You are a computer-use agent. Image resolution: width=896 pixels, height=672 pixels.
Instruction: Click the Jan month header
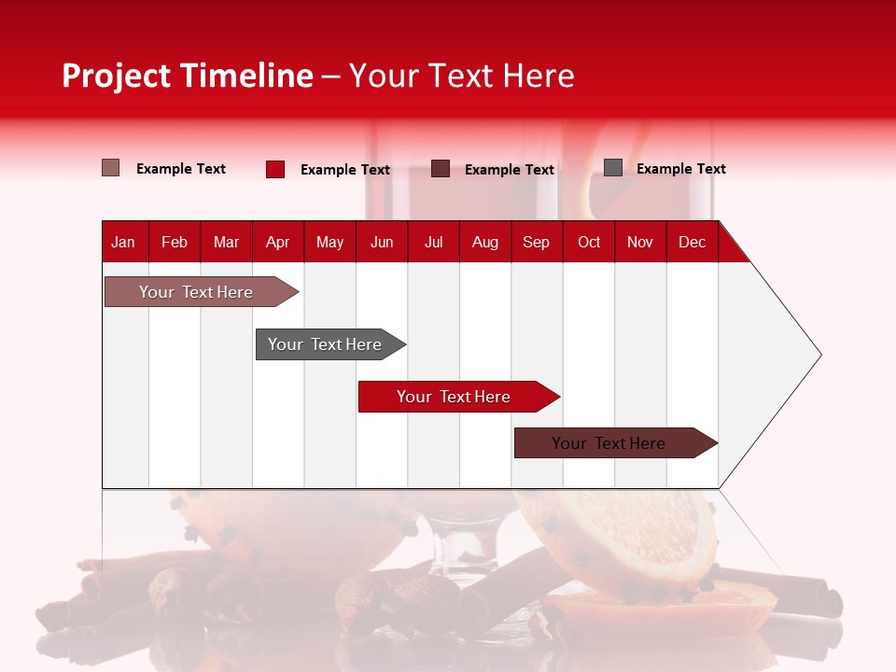pyautogui.click(x=123, y=242)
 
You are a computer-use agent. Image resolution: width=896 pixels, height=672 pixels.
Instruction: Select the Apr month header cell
pyautogui.click(x=278, y=242)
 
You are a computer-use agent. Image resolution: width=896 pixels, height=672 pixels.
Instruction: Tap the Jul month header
pyautogui.click(x=433, y=242)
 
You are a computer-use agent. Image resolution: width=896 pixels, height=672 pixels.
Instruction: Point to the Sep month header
pyautogui.click(x=536, y=242)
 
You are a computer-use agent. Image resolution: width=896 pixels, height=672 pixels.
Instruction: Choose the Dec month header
pyautogui.click(x=692, y=242)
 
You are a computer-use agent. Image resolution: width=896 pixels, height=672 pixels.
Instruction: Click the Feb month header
pyautogui.click(x=175, y=242)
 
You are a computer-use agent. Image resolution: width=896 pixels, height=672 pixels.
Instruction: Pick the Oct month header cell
pyautogui.click(x=589, y=242)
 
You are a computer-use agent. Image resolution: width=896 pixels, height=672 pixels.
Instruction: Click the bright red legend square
pyautogui.click(x=274, y=169)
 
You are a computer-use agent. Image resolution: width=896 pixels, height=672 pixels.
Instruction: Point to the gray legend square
pyautogui.click(x=613, y=168)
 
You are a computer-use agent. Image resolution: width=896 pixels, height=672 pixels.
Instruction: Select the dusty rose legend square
pyautogui.click(x=110, y=168)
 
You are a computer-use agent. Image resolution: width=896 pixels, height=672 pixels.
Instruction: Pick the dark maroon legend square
pyautogui.click(x=441, y=169)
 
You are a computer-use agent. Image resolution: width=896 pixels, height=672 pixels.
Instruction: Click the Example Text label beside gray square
pyautogui.click(x=680, y=169)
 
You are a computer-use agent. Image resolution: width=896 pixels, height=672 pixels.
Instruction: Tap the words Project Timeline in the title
pyautogui.click(x=188, y=76)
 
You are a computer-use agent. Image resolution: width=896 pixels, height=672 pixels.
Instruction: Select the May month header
pyautogui.click(x=329, y=242)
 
